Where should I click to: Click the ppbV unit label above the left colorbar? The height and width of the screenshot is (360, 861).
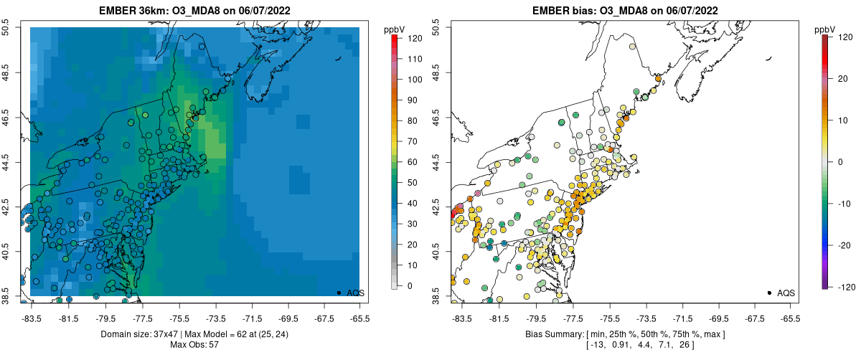click(x=395, y=29)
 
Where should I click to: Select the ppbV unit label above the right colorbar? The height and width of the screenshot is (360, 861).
click(x=825, y=29)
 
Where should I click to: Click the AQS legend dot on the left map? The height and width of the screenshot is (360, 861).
click(x=338, y=293)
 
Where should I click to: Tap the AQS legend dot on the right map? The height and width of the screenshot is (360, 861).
click(x=768, y=293)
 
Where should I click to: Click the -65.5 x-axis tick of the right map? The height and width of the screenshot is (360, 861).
click(x=790, y=317)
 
